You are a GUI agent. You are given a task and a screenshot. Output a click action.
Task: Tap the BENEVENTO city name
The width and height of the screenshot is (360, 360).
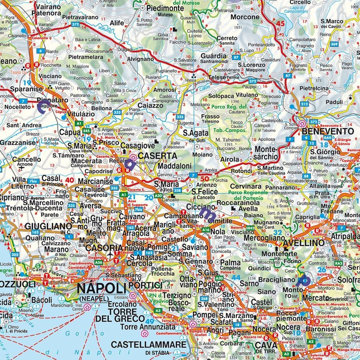click(x=328, y=131)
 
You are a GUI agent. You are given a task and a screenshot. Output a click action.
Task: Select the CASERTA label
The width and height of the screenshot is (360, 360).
click(x=158, y=156)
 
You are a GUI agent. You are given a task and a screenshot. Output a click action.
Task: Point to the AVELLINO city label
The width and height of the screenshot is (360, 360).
click(x=304, y=243)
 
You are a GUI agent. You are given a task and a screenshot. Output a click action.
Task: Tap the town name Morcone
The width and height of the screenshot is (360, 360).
click(x=245, y=17)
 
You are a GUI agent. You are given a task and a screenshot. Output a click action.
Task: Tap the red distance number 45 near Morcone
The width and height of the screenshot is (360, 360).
click(x=280, y=24)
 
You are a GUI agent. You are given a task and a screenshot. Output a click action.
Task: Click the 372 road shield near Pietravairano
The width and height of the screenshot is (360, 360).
click(x=75, y=24)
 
